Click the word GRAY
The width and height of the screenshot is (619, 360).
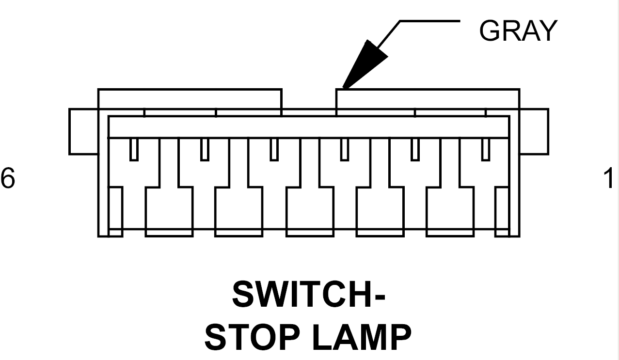point(518,31)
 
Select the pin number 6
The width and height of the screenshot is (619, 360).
point(8,178)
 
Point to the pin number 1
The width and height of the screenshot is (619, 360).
point(612,178)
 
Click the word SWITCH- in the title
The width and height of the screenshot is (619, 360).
point(309,295)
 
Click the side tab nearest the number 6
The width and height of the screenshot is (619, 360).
point(83,131)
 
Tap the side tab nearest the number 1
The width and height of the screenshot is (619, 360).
point(534,131)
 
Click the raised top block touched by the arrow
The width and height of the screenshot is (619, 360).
point(428,99)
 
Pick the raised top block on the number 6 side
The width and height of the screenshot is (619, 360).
point(190,99)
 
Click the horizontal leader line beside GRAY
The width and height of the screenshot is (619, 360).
point(429,21)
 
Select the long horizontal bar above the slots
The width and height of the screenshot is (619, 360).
point(308,127)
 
